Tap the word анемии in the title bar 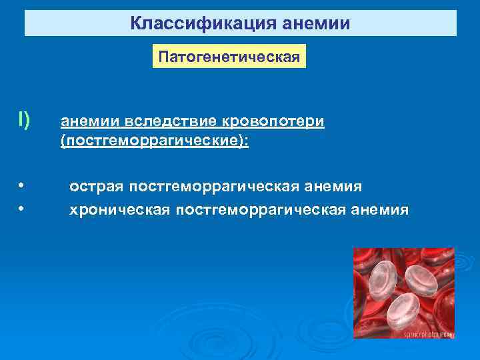pyautogui.click(x=317, y=24)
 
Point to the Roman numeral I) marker pyautogui.click(x=24, y=121)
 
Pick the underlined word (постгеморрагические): pyautogui.click(x=154, y=143)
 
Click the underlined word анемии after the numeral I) pyautogui.click(x=88, y=123)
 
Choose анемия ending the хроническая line pyautogui.click(x=381, y=210)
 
